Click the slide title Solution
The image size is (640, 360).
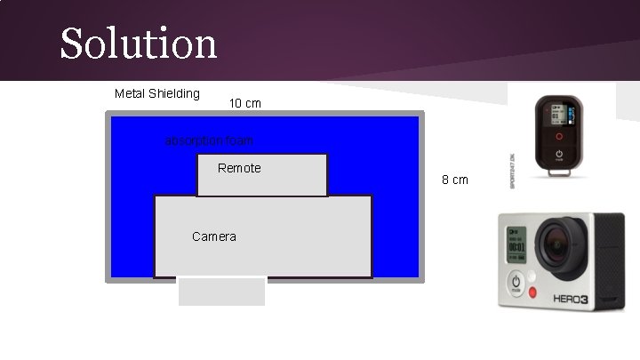139,43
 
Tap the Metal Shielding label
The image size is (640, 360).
157,93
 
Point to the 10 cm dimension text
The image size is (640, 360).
245,104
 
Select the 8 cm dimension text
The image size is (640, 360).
455,180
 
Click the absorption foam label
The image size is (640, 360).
210,140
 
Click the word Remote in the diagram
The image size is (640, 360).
239,168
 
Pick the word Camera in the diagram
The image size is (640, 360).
214,236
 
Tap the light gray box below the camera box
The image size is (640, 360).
222,292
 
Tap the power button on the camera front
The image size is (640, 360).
516,283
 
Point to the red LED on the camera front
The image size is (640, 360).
533,292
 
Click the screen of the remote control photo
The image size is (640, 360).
558,116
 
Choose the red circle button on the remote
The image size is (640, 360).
558,137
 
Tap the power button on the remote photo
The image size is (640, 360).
559,155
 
